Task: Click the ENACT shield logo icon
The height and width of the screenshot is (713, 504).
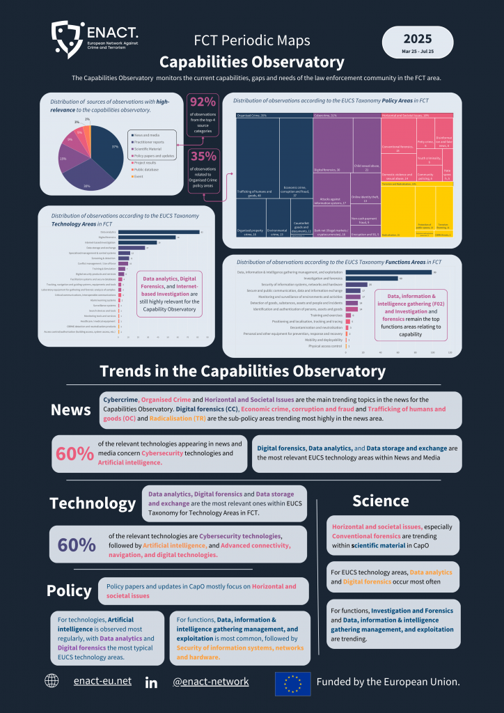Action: pos(68,39)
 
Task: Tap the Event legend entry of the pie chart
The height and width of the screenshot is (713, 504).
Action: pos(139,177)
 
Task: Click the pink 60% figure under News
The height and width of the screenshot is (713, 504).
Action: pos(74,453)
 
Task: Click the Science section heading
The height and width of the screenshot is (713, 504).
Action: pos(380,500)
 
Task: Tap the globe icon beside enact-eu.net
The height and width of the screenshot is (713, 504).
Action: pos(52,681)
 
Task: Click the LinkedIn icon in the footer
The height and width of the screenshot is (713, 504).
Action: pos(151,682)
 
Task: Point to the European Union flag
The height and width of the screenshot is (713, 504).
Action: pos(292,682)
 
